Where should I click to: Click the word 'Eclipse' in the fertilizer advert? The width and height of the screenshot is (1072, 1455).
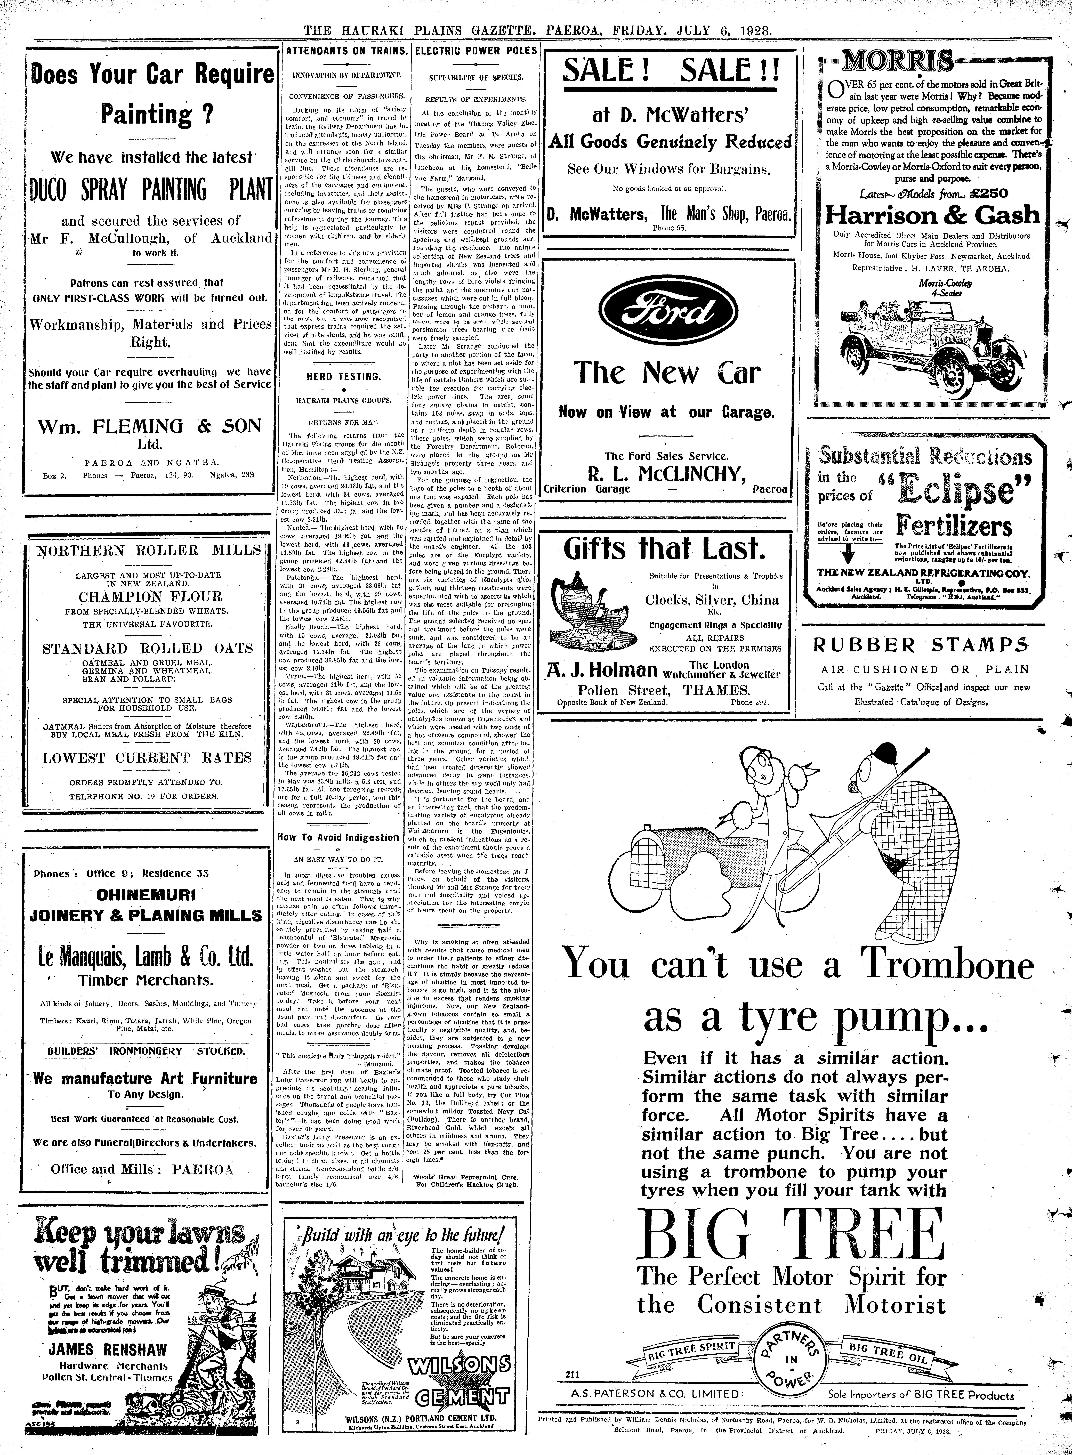tap(956, 487)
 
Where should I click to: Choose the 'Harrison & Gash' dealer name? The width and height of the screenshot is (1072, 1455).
tap(932, 215)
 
